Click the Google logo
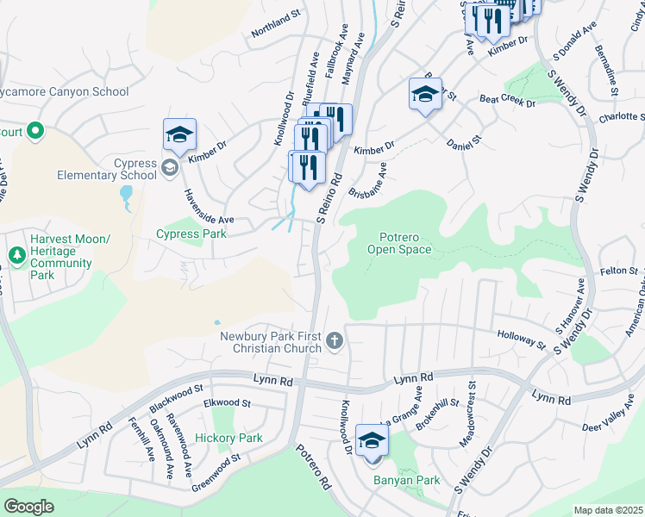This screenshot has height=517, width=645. coord(28,507)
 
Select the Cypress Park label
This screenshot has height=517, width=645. coord(191,234)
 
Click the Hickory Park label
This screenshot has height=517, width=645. coord(228,439)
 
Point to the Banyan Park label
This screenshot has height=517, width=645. coord(405,481)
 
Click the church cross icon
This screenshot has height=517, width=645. coord(335,343)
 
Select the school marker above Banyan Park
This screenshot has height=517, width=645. coord(372,441)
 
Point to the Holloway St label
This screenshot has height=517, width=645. coord(522,340)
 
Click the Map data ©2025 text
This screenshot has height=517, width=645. coord(609,510)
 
